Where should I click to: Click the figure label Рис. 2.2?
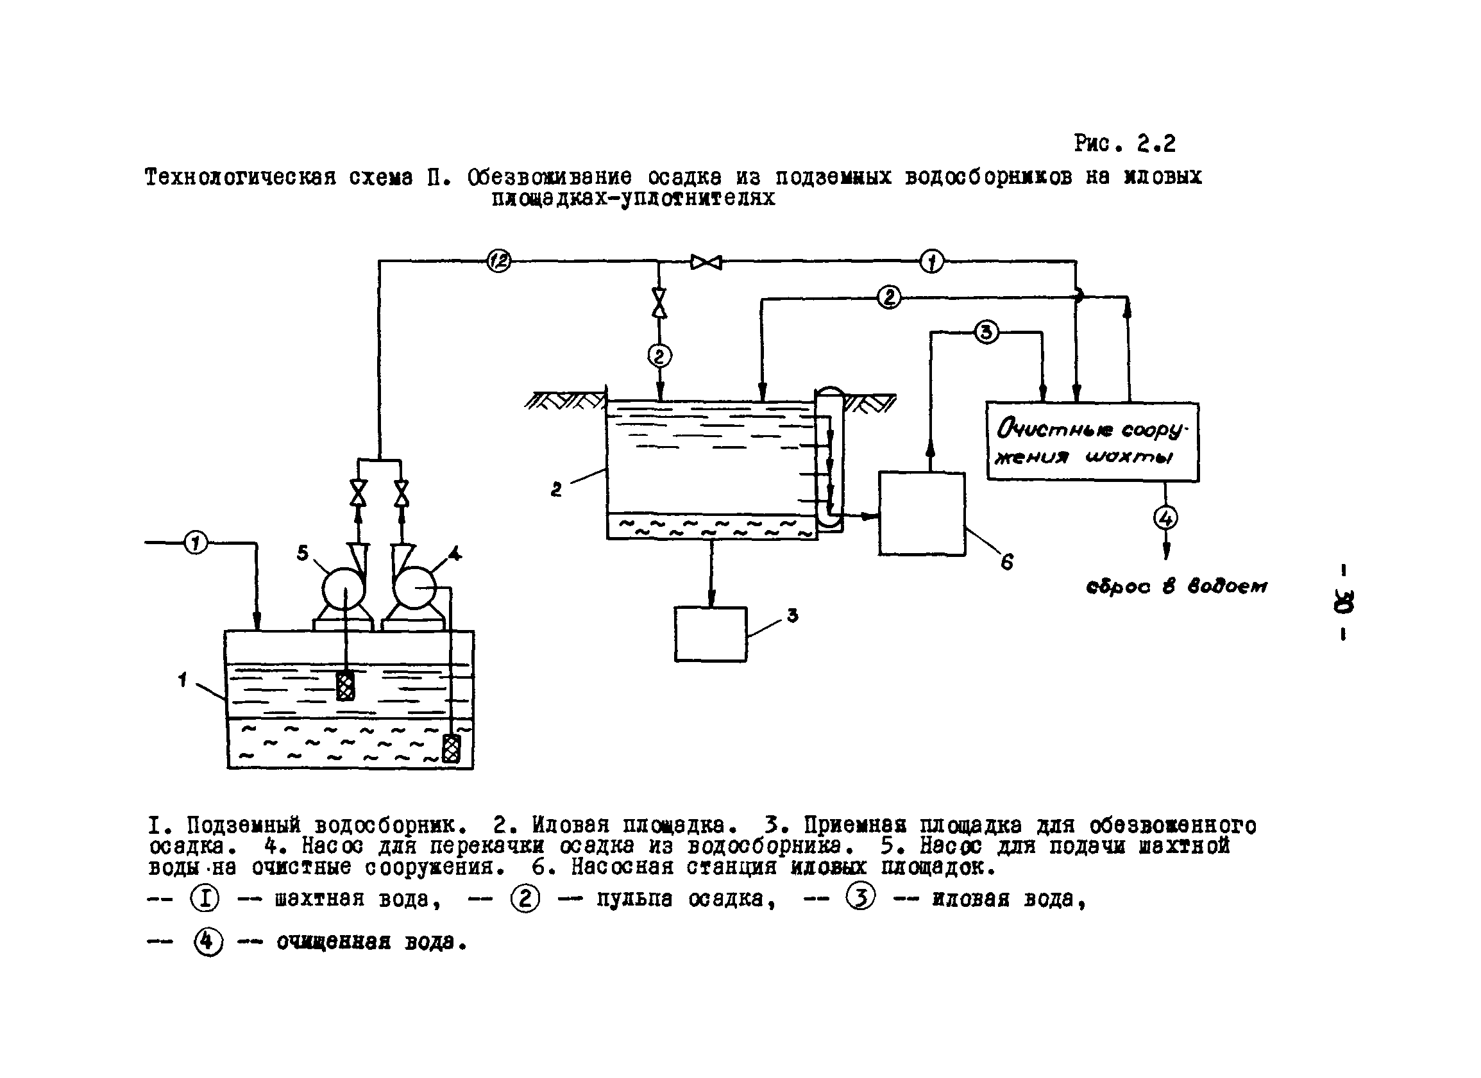pos(1124,143)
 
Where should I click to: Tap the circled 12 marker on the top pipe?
pos(499,261)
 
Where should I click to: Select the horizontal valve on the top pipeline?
pos(707,262)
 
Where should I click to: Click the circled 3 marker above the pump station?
pos(986,332)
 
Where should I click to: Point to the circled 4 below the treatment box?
pos(1165,518)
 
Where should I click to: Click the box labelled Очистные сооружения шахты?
pos(1092,442)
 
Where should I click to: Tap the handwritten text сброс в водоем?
pos(1176,586)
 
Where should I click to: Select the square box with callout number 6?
pos(922,514)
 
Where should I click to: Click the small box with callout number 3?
pos(711,634)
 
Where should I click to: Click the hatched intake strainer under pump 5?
pos(346,685)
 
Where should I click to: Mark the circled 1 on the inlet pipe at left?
pos(195,542)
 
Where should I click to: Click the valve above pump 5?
pos(358,493)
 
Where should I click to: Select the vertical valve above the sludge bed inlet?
pos(659,302)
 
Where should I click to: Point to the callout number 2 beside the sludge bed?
pos(555,490)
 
